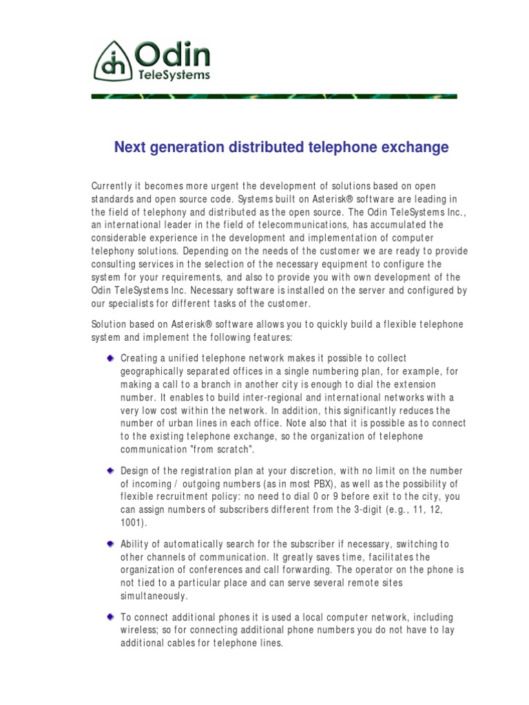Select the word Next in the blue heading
pos(129,147)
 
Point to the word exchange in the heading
pos(418,147)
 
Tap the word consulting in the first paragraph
pos(114,265)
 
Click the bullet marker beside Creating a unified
pos(110,358)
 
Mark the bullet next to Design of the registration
pos(110,470)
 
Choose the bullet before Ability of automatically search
pos(110,545)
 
